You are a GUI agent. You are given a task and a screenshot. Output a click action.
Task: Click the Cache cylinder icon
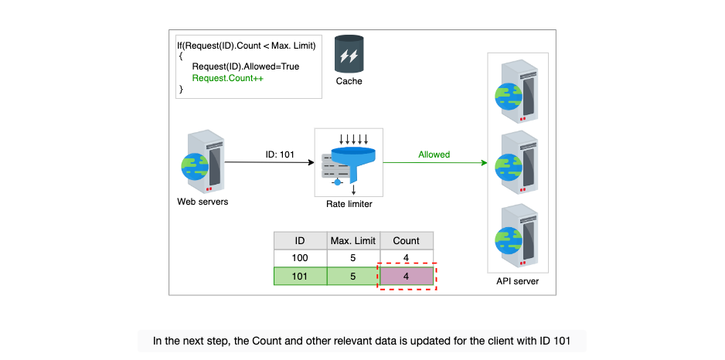[349, 55]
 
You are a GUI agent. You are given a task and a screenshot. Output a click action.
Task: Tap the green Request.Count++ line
[228, 78]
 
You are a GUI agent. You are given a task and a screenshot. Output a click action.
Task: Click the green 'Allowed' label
[434, 155]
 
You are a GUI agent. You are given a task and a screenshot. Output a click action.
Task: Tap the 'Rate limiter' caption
[349, 204]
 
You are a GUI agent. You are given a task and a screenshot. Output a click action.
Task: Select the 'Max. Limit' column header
[353, 241]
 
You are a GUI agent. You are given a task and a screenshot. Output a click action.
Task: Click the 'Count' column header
[406, 241]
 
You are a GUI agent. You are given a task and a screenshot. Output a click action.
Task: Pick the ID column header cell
[300, 241]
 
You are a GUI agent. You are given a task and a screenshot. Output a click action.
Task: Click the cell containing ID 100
[300, 258]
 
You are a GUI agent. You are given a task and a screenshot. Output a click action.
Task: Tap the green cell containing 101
[300, 277]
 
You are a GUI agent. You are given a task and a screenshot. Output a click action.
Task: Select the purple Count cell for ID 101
[407, 277]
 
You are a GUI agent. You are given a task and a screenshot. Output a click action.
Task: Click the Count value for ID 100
[407, 258]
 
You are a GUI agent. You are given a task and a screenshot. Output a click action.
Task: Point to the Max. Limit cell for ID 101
[353, 277]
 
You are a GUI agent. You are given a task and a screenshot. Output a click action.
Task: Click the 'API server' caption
[517, 281]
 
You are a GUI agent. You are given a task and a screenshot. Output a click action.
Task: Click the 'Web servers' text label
[203, 202]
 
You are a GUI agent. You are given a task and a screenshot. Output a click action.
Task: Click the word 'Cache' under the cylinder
[349, 82]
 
